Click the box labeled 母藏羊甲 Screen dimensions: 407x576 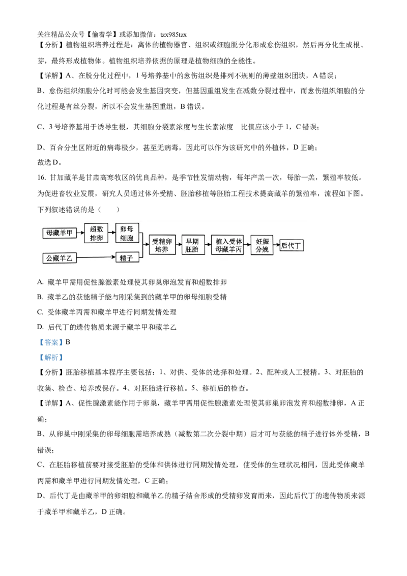[x=60, y=234]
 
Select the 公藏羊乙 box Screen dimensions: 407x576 [x=60, y=258]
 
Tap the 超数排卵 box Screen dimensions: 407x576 [x=97, y=234]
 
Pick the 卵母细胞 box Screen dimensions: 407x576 [x=127, y=234]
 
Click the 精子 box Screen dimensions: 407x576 [x=127, y=258]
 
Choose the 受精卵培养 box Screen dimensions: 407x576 [x=162, y=245]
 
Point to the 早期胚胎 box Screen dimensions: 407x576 [x=192, y=245]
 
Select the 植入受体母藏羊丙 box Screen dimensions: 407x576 [x=227, y=245]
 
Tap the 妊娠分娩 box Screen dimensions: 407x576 [x=262, y=245]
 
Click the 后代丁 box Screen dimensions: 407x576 [x=292, y=245]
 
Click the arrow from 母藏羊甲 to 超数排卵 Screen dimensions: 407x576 [x=80, y=234]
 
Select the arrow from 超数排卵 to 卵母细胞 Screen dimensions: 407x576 [x=112, y=234]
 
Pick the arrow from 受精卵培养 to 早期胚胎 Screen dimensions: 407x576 [x=179, y=245]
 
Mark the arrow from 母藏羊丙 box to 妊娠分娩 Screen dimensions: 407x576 [x=247, y=245]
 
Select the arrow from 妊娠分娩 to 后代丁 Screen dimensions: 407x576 [x=276, y=245]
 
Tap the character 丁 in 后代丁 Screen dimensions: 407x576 [x=298, y=245]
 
